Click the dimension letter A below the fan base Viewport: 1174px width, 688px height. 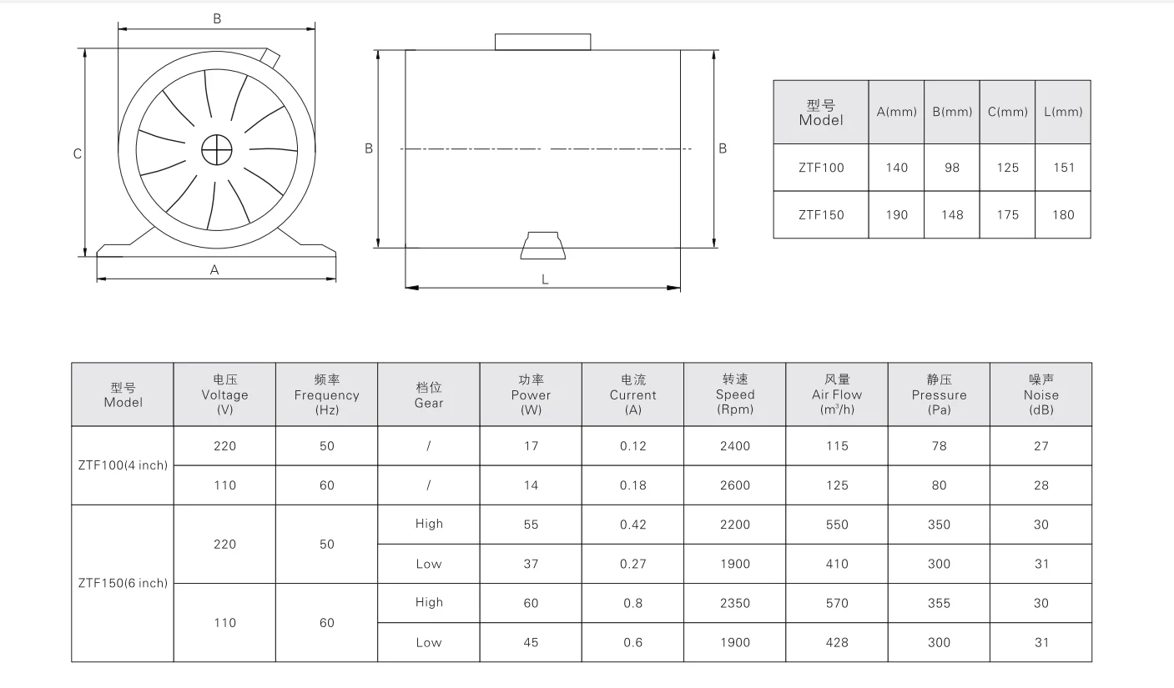click(x=214, y=270)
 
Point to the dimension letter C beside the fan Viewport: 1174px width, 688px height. click(x=77, y=153)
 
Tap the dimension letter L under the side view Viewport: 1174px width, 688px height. click(x=545, y=279)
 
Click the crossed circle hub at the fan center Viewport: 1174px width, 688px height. click(x=215, y=150)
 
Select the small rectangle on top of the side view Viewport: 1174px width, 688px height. click(x=542, y=42)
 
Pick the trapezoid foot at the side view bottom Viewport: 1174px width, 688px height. click(x=542, y=247)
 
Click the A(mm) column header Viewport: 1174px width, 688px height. click(x=896, y=112)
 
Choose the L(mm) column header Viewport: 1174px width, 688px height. click(x=1062, y=112)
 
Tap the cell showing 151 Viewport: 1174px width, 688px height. click(x=1063, y=168)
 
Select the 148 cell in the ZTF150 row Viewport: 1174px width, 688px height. click(x=952, y=215)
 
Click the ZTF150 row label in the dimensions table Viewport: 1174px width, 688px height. click(x=821, y=215)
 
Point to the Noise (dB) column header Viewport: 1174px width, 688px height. click(x=1040, y=394)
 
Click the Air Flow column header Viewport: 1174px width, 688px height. click(x=837, y=394)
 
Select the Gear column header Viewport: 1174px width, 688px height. click(x=429, y=394)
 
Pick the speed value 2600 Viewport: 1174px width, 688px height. click(x=735, y=485)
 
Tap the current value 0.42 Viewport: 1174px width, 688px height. click(x=633, y=525)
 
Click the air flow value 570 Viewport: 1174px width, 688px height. click(x=837, y=603)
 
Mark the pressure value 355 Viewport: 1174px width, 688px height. click(x=939, y=603)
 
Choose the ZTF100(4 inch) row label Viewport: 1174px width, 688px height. click(x=123, y=465)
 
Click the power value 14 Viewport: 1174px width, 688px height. click(x=531, y=485)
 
